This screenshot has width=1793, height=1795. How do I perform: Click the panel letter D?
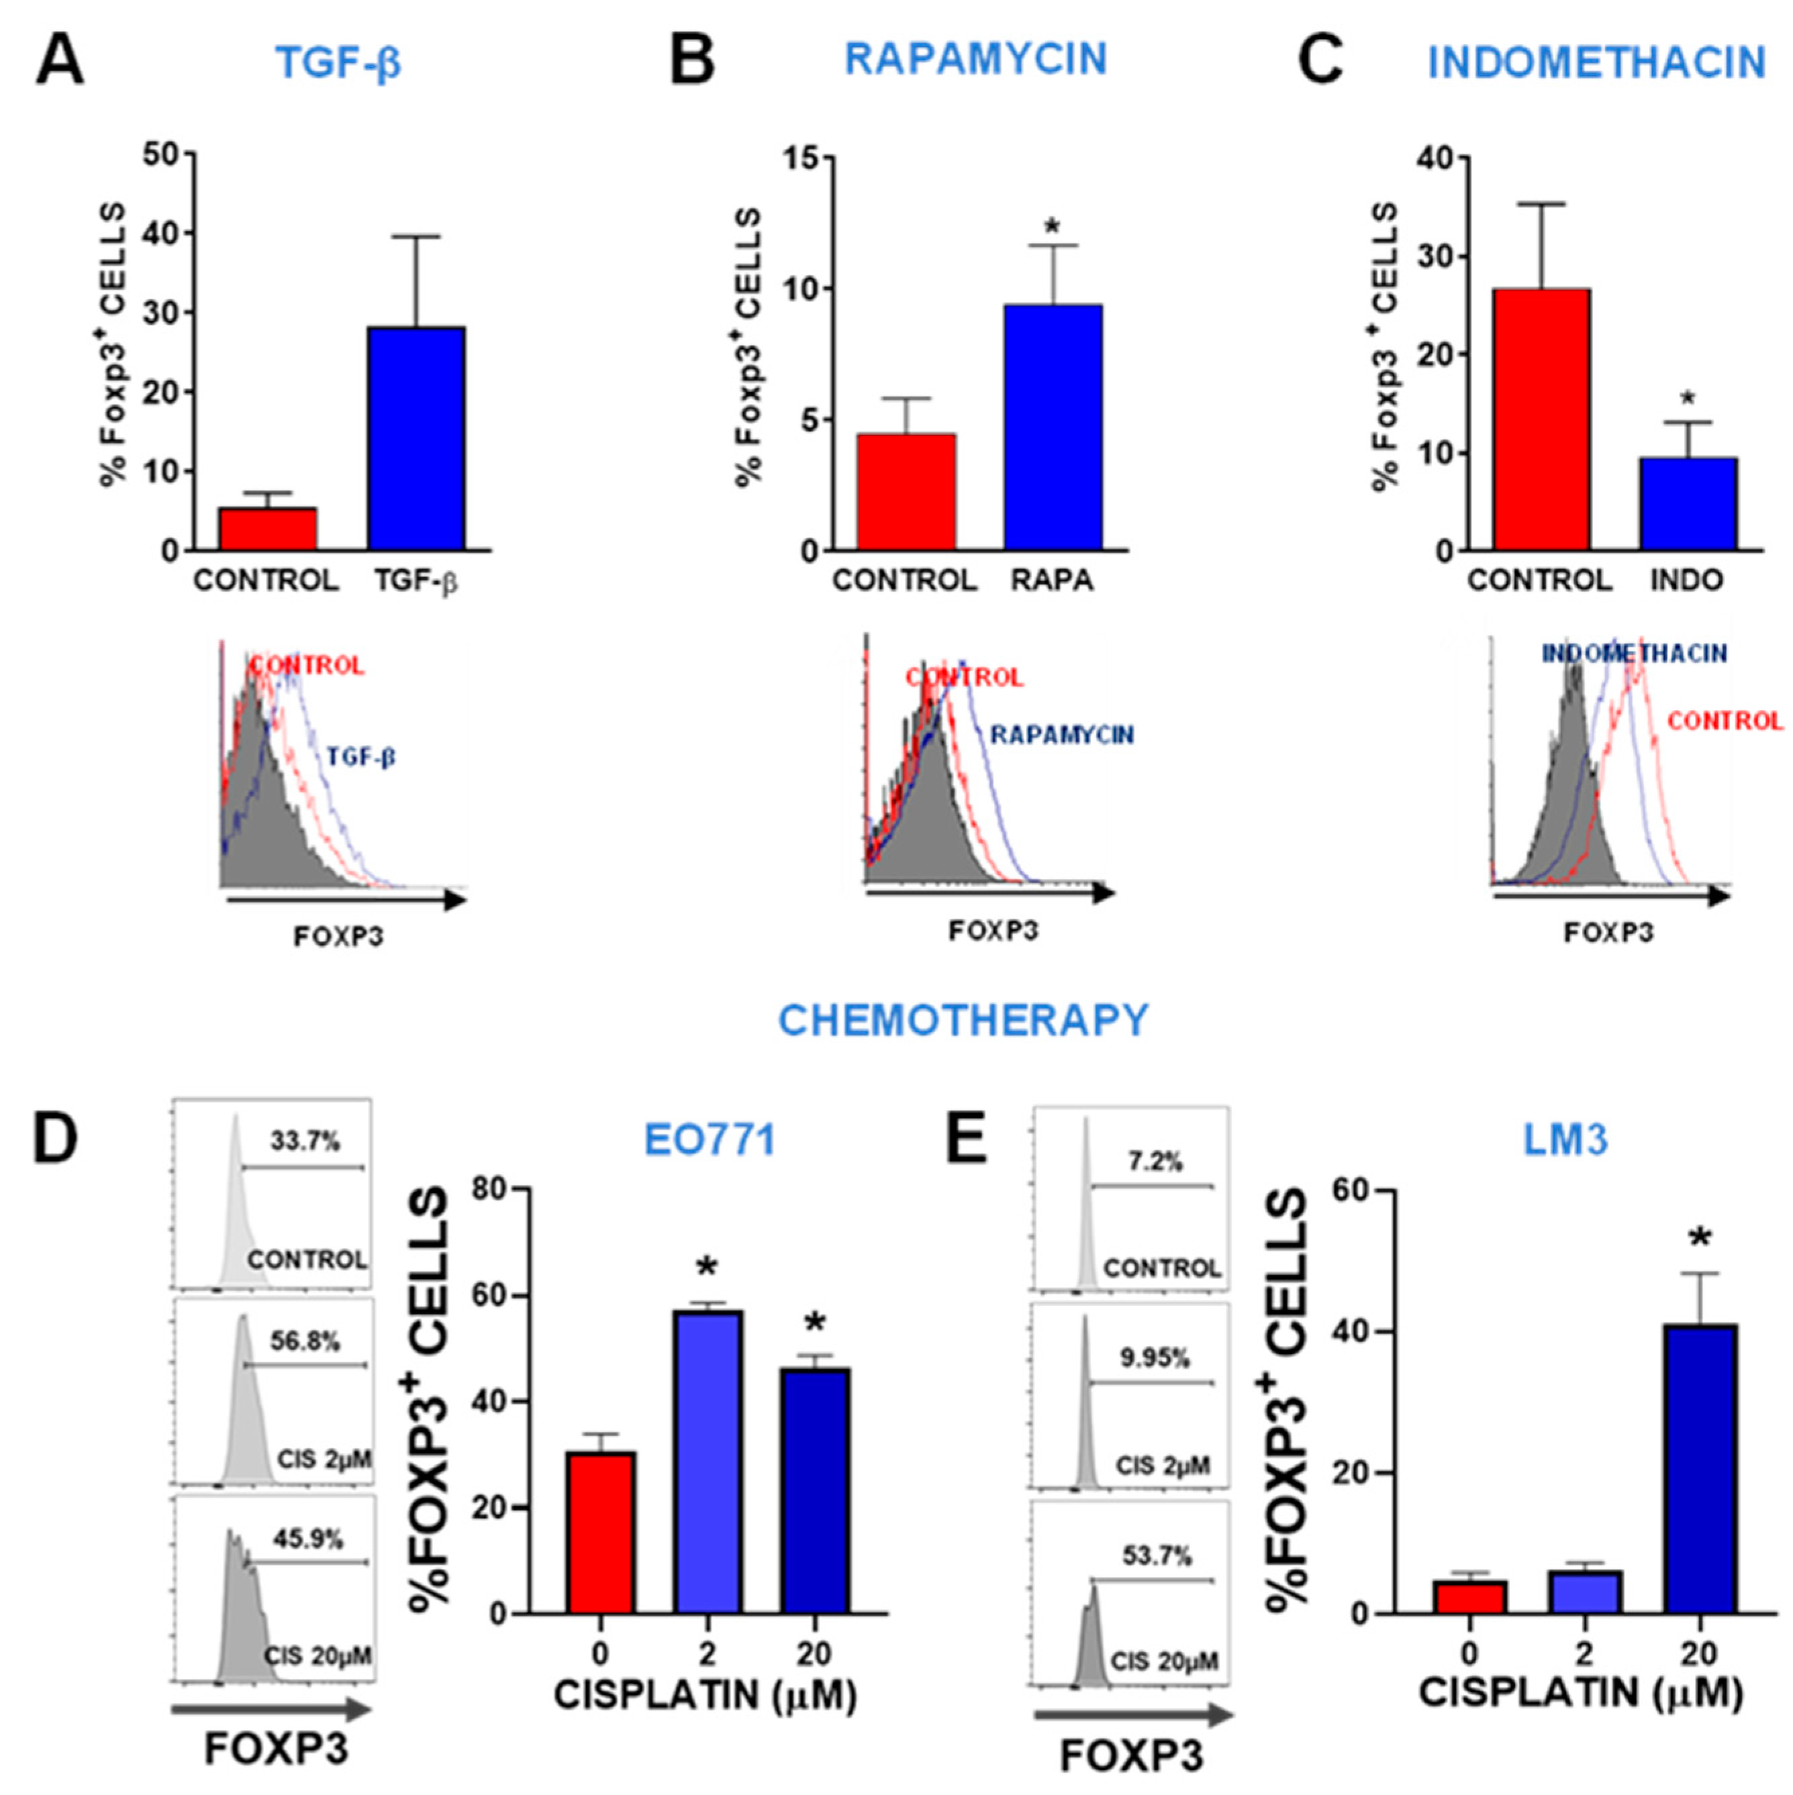coord(55,1139)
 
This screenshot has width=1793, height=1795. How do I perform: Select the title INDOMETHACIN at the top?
coord(1596,63)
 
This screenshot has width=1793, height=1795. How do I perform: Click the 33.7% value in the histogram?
coord(305,1141)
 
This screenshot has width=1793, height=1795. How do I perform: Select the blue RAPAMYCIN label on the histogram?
coord(1061,735)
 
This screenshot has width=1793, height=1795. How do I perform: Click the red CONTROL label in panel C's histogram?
coord(1725,721)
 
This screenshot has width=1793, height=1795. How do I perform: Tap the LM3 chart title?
coord(1565,1141)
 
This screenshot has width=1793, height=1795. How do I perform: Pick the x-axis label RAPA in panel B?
coord(1052,580)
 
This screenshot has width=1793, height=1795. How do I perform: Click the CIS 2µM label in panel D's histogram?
coord(324,1459)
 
